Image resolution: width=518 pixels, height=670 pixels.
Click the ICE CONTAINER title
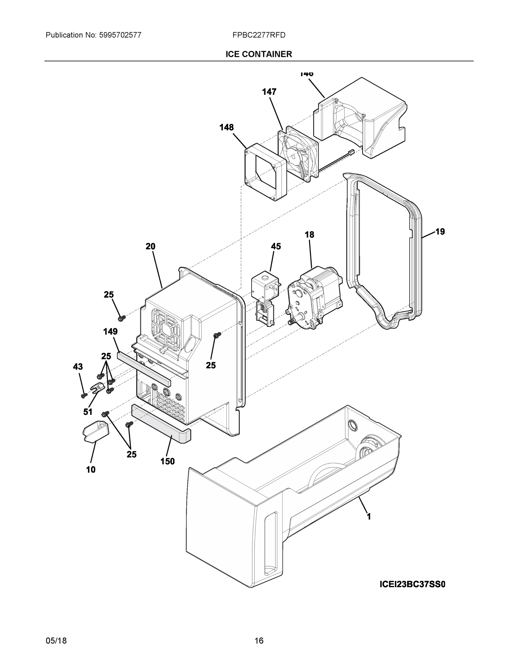(x=259, y=54)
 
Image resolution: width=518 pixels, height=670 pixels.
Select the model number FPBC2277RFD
(x=259, y=35)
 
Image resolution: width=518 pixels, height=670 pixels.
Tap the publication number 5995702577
(x=120, y=35)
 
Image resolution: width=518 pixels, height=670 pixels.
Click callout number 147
(x=269, y=92)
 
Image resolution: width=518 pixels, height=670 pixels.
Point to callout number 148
(x=226, y=127)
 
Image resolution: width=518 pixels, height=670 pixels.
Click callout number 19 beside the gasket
(x=440, y=232)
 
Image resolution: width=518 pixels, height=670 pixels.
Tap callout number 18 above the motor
(x=309, y=235)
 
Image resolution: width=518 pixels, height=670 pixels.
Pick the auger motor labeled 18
(x=314, y=298)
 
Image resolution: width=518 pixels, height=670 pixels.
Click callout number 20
(x=150, y=246)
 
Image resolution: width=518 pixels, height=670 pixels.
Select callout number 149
(x=110, y=332)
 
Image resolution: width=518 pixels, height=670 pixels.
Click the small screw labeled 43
(x=83, y=396)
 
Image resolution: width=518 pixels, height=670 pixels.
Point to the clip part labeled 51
(x=96, y=389)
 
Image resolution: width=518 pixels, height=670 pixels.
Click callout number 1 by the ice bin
(x=369, y=517)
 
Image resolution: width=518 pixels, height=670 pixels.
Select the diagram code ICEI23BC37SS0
(x=412, y=584)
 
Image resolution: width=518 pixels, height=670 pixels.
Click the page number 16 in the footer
(x=259, y=641)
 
